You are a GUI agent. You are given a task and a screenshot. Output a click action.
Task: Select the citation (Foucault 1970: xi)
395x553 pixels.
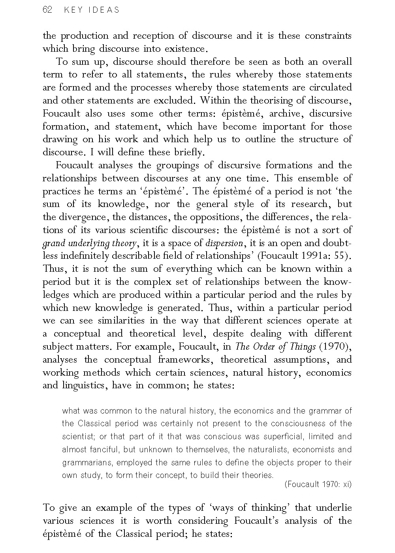tap(318, 484)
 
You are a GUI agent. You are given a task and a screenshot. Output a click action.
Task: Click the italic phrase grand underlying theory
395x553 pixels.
tap(90, 243)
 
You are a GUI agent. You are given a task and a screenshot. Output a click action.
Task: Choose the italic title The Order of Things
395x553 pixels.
tap(275, 347)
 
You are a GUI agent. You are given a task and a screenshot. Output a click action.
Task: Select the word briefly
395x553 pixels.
tap(190, 152)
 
